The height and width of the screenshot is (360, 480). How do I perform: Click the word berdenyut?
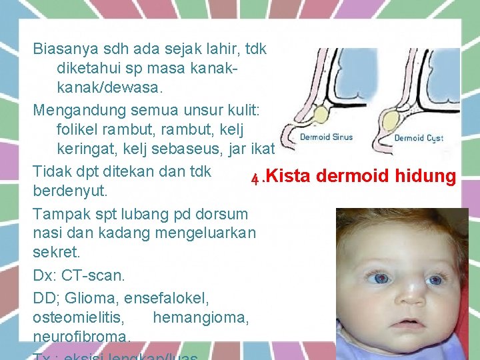coord(70,191)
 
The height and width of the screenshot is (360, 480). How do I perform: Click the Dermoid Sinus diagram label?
coord(326,137)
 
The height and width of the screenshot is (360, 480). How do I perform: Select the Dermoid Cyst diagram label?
coord(419,138)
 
